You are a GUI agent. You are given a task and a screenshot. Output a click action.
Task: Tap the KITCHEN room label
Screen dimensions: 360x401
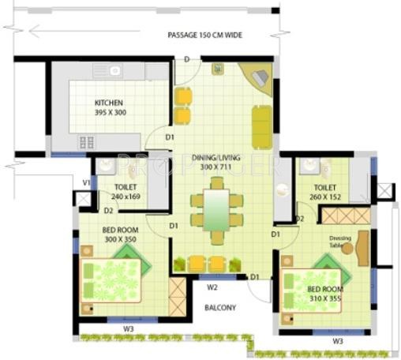110,107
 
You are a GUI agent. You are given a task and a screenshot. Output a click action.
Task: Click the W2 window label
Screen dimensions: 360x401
212,287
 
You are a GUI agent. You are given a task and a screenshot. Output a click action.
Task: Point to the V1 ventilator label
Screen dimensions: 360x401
86,182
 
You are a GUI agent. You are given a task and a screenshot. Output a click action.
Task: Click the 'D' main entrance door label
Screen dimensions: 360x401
186,60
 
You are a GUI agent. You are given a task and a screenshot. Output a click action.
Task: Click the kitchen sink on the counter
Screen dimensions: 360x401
114,71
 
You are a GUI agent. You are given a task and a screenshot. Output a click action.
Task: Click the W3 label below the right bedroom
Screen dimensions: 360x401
337,340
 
